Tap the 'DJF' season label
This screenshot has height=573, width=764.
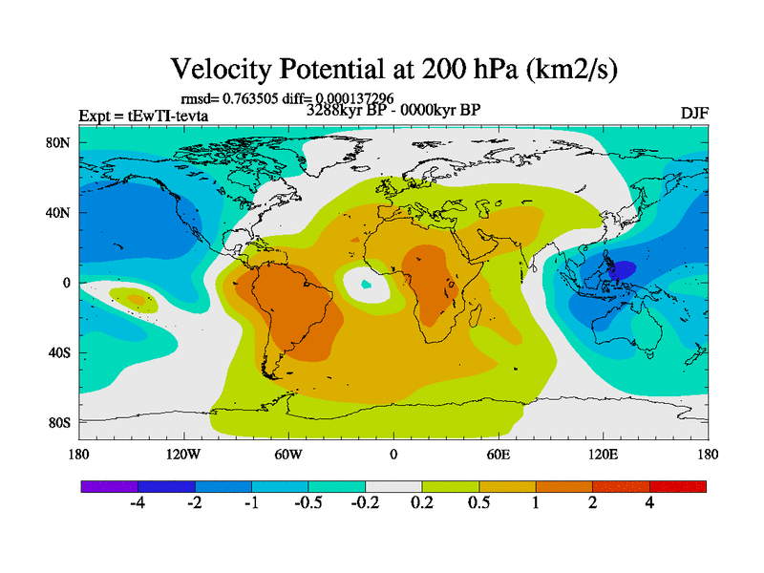tap(694, 113)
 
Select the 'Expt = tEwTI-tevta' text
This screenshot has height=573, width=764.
tap(143, 117)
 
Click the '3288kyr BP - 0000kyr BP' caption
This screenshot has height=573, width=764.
tap(393, 109)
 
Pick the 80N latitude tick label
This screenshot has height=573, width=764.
tap(59, 142)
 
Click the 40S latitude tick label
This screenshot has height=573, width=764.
tap(60, 352)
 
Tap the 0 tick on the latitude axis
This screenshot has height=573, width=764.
tap(67, 283)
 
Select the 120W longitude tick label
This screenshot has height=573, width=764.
tap(183, 455)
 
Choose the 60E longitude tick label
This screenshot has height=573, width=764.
tap(499, 455)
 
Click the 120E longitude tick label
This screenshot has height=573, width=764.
tap(604, 455)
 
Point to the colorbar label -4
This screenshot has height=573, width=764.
tap(138, 504)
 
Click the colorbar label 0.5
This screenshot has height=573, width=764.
tap(478, 504)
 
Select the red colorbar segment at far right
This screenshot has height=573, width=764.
tap(677, 486)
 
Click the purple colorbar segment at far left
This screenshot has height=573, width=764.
tap(109, 486)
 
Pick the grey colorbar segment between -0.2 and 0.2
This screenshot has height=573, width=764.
tap(393, 486)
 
